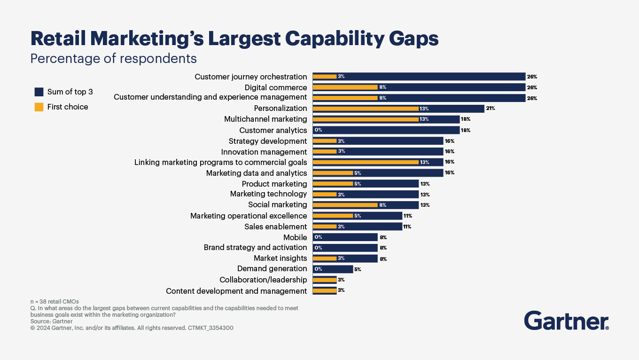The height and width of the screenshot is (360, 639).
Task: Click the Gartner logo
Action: click(x=566, y=321)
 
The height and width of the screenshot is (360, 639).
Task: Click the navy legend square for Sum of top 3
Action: click(x=39, y=92)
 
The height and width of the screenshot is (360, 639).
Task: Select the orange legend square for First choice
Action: click(x=39, y=107)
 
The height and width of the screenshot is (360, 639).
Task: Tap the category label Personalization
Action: click(x=281, y=108)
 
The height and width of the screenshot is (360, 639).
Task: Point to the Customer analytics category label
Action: click(x=273, y=130)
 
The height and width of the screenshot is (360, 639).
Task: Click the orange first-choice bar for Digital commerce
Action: click(x=345, y=87)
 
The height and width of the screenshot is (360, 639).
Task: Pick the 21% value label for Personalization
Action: click(x=491, y=109)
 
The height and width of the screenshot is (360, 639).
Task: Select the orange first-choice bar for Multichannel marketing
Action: click(x=366, y=119)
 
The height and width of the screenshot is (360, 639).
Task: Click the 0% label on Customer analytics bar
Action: click(x=318, y=130)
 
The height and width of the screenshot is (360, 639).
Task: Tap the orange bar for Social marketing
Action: click(x=345, y=205)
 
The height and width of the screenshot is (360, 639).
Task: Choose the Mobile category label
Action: click(x=295, y=237)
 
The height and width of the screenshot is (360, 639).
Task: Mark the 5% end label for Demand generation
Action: click(x=357, y=269)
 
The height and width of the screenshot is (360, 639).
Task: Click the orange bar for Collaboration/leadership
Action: click(x=325, y=280)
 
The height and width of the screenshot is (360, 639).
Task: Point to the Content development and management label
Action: click(x=236, y=291)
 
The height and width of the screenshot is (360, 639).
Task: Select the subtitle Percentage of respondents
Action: click(x=113, y=58)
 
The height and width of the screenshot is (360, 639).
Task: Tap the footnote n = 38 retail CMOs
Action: click(x=55, y=301)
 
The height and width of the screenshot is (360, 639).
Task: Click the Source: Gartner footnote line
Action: click(x=52, y=321)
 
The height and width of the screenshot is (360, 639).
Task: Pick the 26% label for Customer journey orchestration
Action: click(x=531, y=77)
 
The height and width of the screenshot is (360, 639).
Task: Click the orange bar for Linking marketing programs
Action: click(x=366, y=162)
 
